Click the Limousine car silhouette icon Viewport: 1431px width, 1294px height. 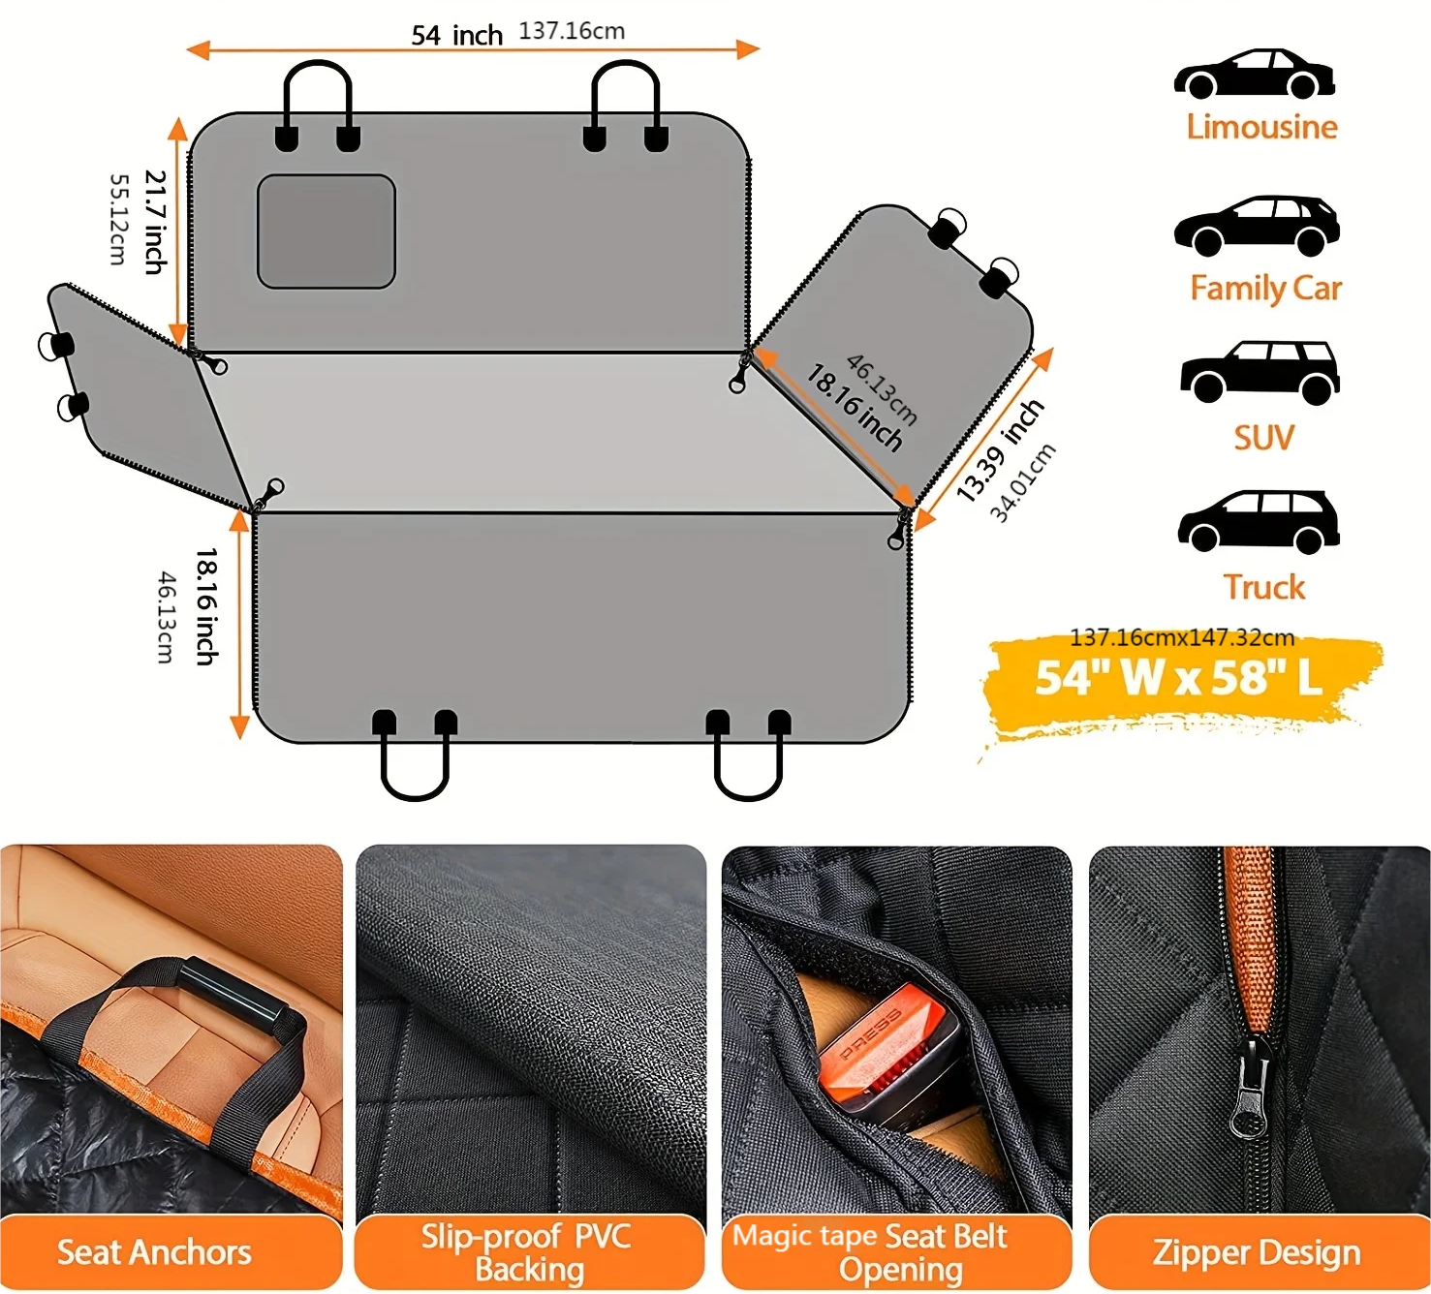coord(1255,74)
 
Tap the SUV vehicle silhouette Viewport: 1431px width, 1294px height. coord(1260,372)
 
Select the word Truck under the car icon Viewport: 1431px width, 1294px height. coord(1263,587)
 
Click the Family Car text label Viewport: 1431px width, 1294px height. coord(1265,289)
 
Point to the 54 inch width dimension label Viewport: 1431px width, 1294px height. coord(456,36)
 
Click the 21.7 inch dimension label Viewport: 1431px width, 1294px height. coord(156,222)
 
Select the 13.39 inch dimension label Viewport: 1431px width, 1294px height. coord(1000,450)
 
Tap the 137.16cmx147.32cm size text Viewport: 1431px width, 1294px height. coord(1181,637)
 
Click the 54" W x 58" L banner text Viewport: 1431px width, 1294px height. coord(1178,678)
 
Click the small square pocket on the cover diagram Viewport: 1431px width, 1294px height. coord(327,231)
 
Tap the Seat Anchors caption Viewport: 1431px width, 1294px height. coord(154,1252)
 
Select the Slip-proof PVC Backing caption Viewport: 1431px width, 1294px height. coord(528,1252)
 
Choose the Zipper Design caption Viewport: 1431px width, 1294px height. coord(1256,1252)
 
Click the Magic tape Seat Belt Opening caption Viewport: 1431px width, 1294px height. coord(871,1252)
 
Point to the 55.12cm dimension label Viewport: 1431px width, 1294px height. coord(118,219)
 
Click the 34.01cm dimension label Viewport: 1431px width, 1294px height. coord(1023,482)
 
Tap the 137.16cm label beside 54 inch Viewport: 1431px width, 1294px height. coord(572,31)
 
